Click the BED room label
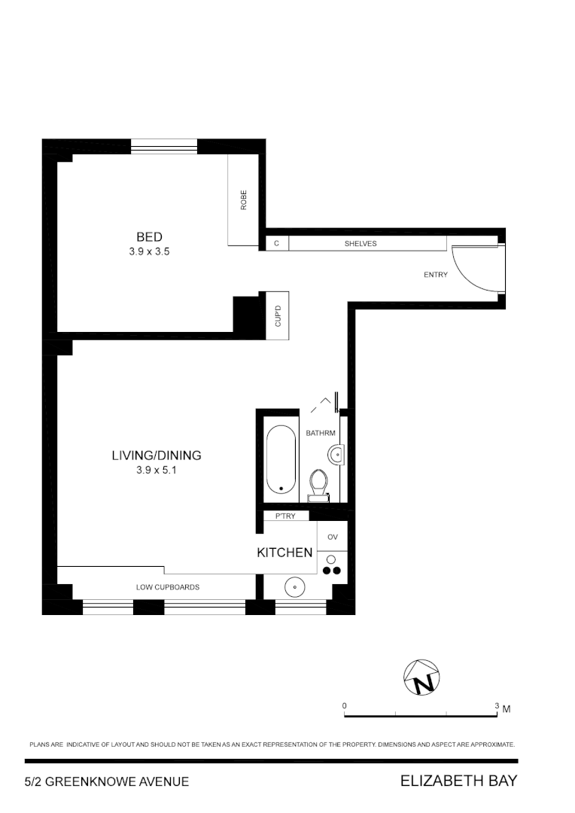[149, 237]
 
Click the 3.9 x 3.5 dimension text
[149, 253]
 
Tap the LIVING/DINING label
[157, 455]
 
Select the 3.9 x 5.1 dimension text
[157, 470]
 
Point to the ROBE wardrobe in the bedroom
[244, 200]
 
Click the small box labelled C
[276, 243]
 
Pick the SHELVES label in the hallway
[361, 243]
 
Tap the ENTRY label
[435, 275]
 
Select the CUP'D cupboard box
[278, 315]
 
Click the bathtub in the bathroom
[281, 459]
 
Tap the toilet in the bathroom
[319, 483]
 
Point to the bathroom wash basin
[336, 454]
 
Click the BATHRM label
[320, 433]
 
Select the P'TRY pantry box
[285, 516]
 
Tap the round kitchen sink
[294, 586]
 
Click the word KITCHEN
[284, 553]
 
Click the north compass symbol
[421, 677]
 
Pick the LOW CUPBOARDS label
[167, 587]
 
